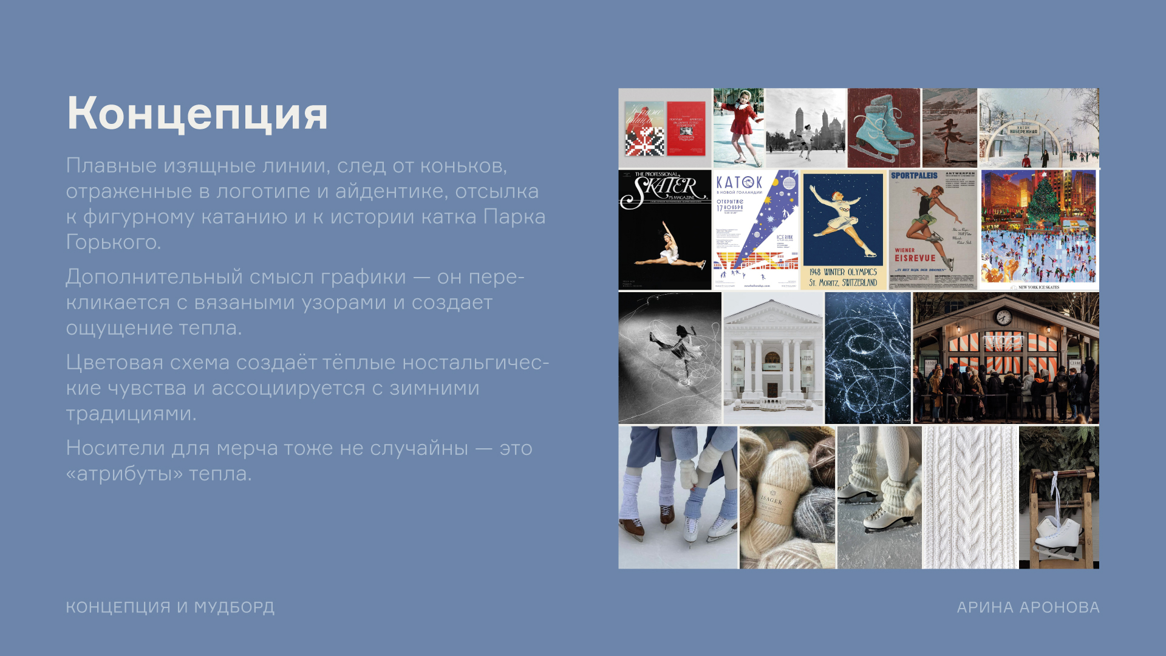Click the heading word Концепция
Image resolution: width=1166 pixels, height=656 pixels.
pos(197,114)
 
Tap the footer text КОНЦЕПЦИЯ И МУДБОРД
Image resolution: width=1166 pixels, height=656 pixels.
pos(170,607)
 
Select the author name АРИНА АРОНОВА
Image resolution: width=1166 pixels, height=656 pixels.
pos(1028,607)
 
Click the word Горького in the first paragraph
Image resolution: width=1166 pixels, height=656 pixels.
pos(112,242)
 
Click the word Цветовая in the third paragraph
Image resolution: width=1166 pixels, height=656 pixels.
pos(115,363)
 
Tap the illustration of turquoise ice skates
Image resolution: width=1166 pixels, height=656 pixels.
pos(883,128)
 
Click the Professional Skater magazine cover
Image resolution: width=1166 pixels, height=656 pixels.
pos(664,230)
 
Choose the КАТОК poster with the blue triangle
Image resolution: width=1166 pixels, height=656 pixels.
pos(755,230)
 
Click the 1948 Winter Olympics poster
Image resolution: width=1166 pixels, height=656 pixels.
pos(843,230)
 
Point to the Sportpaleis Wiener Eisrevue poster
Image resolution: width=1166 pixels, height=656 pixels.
pos(933,230)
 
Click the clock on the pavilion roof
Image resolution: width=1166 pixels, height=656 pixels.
pos(1003,316)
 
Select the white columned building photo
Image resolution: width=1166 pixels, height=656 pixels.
pos(773,358)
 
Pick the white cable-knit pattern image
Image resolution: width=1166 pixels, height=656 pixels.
pos(970,497)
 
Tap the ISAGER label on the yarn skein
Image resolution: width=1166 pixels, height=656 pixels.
pos(772,499)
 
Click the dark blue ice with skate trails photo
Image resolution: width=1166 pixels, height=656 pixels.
pos(868,358)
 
